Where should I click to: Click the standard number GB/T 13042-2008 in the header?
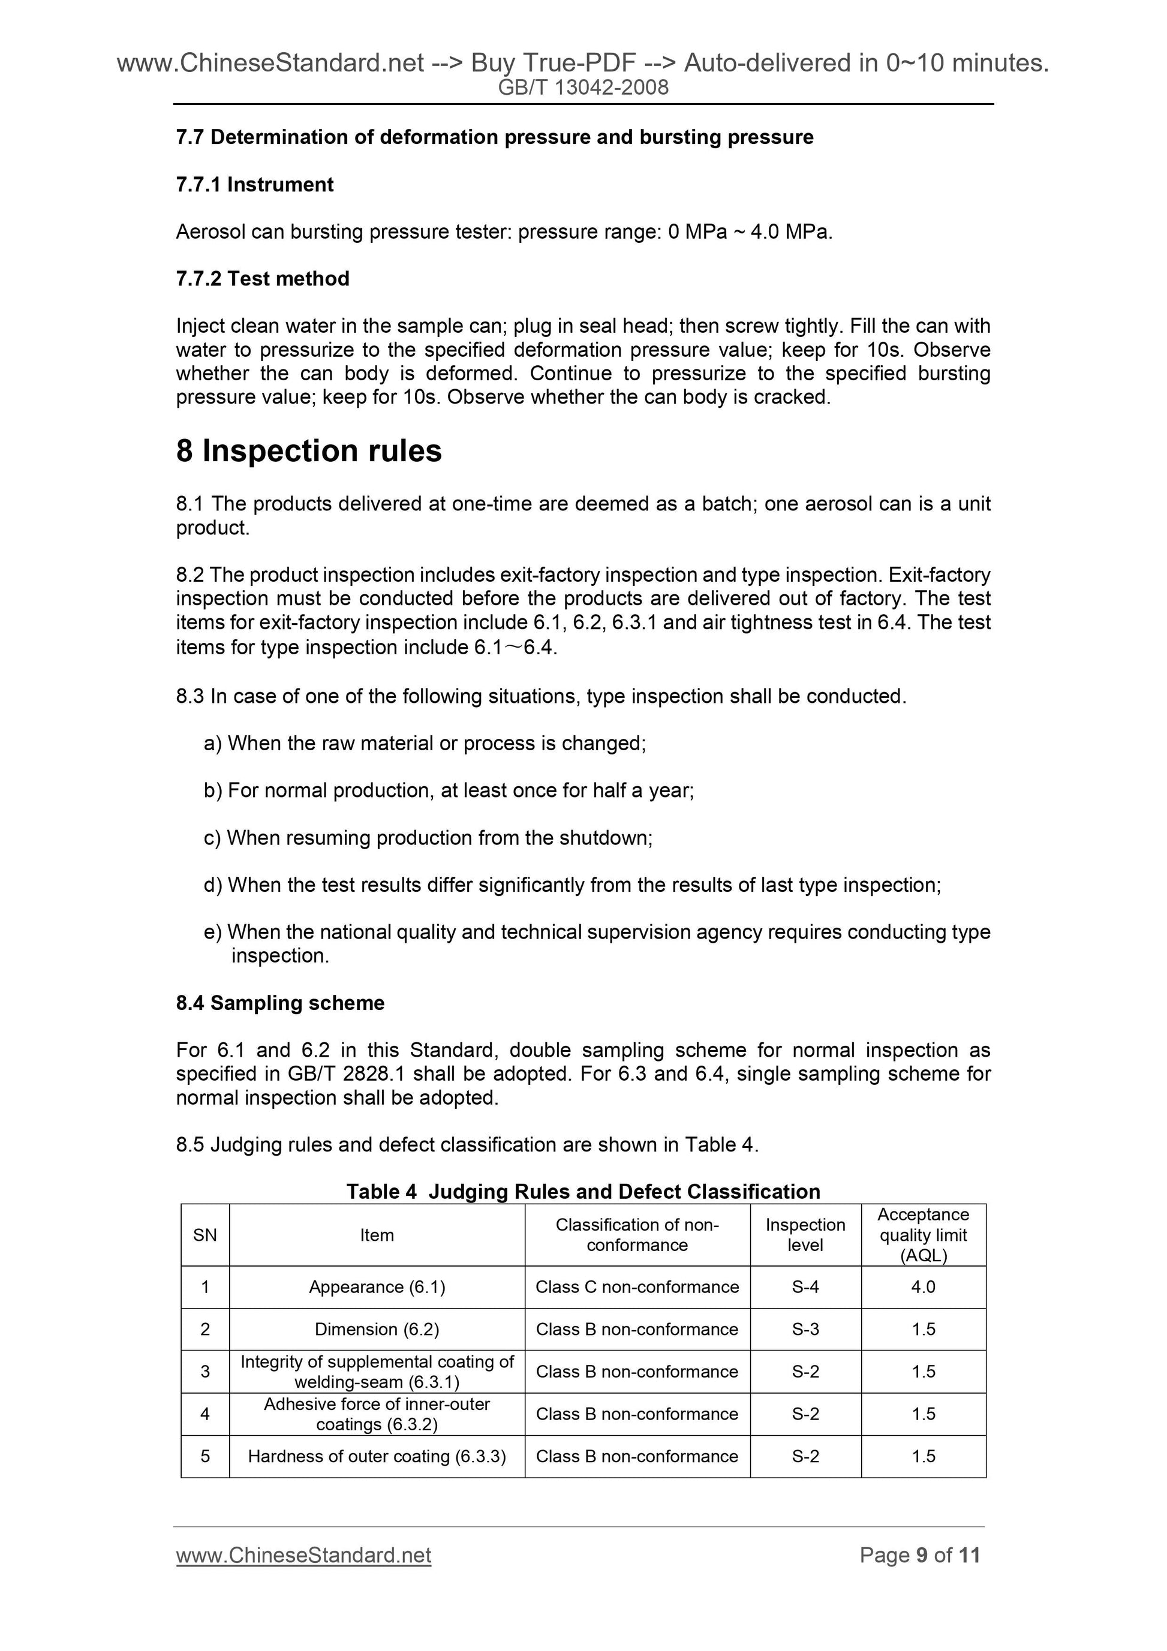click(583, 88)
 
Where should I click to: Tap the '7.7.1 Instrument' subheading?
click(254, 185)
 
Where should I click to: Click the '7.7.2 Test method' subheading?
click(263, 278)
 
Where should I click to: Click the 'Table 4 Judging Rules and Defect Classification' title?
click(583, 1192)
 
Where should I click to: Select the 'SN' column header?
click(205, 1235)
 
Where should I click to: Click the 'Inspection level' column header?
click(805, 1235)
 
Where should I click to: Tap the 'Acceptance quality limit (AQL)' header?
click(924, 1235)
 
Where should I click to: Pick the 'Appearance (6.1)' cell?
click(377, 1286)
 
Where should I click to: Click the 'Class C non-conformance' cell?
click(637, 1286)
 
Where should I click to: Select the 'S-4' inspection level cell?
click(805, 1286)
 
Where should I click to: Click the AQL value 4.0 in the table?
click(924, 1286)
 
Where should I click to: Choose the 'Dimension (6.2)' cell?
click(377, 1329)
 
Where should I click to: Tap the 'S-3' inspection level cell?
click(805, 1329)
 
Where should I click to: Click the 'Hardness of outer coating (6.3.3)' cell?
click(377, 1456)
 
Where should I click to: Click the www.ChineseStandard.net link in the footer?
click(303, 1556)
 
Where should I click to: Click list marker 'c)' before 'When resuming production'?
click(213, 838)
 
